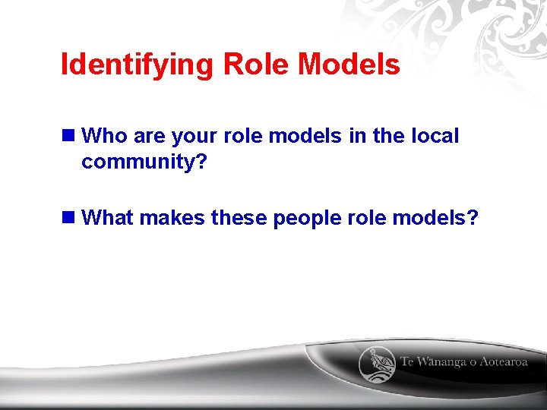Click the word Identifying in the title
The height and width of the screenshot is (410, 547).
click(138, 65)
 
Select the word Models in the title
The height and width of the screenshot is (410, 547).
click(349, 65)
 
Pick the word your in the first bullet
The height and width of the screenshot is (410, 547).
click(194, 137)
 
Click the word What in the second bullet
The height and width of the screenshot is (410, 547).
click(107, 219)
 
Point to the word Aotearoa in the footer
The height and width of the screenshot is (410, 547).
click(503, 362)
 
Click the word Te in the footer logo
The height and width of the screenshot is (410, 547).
click(409, 362)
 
